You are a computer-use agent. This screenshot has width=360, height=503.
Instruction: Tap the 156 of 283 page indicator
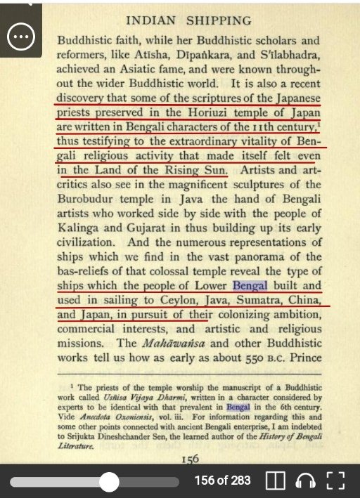tap(223, 481)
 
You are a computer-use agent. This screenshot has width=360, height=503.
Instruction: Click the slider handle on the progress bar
tap(109, 482)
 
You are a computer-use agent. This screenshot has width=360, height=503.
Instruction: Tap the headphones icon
tap(304, 481)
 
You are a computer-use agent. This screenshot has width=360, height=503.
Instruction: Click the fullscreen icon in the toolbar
tap(336, 481)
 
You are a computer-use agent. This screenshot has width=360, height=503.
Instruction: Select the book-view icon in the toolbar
tap(275, 481)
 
